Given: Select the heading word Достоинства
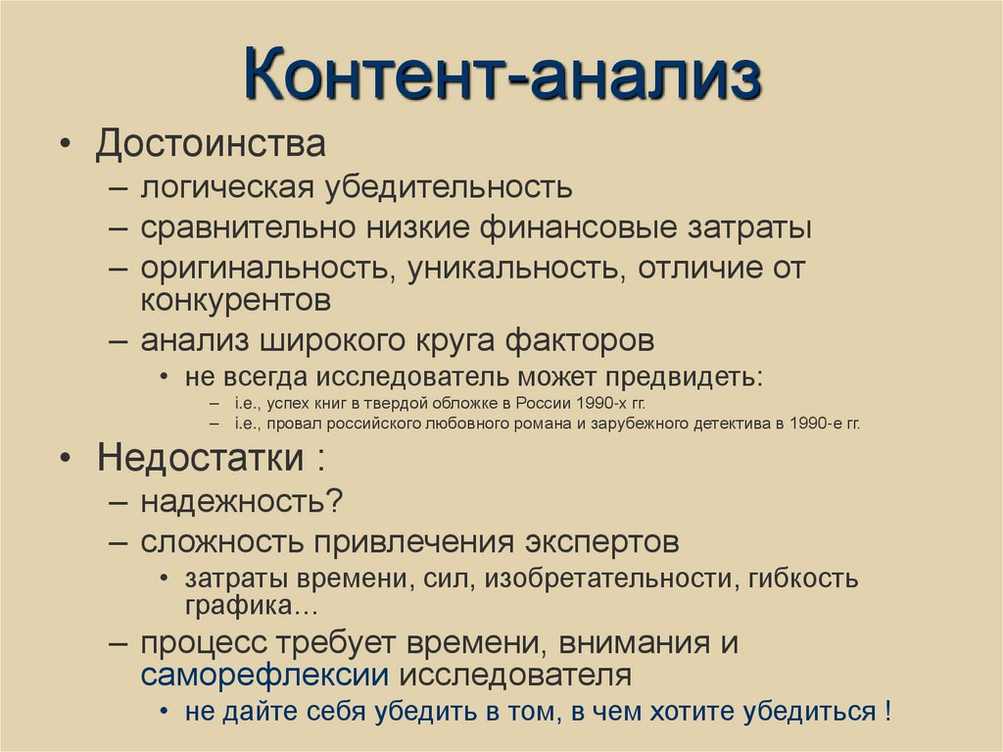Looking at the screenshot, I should coord(210,146).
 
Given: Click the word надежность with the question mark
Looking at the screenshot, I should coord(240,501).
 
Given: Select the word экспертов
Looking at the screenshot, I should coord(598,541).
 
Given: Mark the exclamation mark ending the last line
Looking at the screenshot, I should coord(885,711).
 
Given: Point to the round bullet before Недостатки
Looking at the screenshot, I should coord(65,459).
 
